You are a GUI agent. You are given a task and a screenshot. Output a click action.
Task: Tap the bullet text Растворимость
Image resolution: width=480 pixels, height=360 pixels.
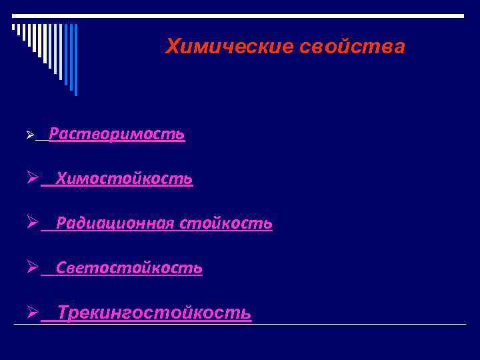117,135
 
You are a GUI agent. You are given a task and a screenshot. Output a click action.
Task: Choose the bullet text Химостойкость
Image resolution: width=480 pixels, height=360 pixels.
125,179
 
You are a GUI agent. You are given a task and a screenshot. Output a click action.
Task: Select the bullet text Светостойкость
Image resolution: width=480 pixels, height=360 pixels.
129,268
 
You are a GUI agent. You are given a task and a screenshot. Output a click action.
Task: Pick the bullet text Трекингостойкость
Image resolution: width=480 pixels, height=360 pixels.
155,312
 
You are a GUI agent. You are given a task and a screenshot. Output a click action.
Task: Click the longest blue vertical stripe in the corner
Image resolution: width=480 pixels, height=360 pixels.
75,60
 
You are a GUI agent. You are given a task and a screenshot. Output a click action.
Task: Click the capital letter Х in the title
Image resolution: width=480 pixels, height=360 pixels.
172,47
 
